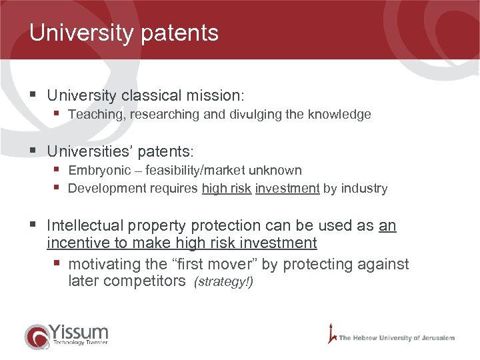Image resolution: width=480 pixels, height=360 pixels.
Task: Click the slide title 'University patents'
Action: point(124,33)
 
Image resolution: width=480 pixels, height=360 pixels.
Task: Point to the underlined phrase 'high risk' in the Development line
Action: point(226,188)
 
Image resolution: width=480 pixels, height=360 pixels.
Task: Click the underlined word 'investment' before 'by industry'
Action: point(287,188)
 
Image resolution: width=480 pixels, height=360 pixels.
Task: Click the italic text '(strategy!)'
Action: point(223,282)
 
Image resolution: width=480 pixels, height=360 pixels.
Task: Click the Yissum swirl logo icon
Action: point(37,336)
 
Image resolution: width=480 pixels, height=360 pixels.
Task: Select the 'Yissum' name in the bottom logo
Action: point(78,331)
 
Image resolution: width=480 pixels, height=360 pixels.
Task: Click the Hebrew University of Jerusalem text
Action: point(397,338)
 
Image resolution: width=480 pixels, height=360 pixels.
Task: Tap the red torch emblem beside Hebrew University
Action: point(331,333)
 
